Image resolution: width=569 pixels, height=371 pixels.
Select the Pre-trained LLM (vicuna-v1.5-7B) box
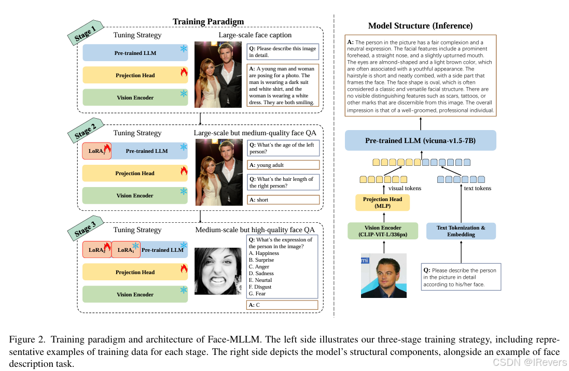pos(420,140)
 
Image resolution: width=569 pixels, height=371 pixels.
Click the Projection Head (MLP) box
pos(382,203)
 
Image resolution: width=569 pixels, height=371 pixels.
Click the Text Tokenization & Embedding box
pos(461,231)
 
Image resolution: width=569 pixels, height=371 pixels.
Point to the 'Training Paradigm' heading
pos(208,21)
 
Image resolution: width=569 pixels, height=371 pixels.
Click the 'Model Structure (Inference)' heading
pos(420,26)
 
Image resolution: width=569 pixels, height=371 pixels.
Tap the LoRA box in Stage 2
pos(96,151)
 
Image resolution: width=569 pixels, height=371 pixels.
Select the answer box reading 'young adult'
pos(283,165)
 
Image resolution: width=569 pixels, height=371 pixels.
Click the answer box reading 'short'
pos(283,200)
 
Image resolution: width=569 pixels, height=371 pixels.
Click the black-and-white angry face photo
pos(218,271)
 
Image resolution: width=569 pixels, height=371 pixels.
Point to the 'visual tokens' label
pos(404,189)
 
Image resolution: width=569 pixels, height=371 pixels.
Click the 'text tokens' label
pos(477,189)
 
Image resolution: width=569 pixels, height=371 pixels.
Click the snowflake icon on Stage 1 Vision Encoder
pos(183,94)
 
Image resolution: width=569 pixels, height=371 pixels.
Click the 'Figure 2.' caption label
pos(26,339)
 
